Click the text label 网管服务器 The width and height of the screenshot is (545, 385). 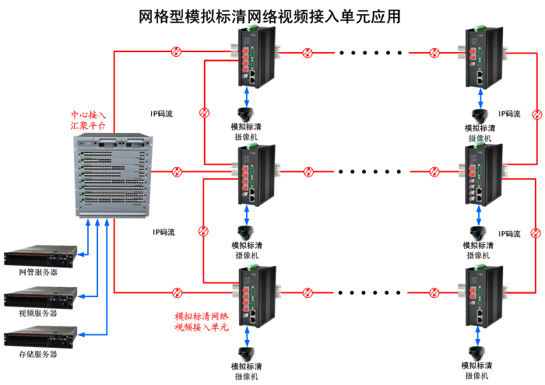38,272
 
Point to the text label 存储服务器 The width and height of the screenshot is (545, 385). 38,355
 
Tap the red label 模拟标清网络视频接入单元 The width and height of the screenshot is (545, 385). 202,323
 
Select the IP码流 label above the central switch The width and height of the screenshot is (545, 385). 162,114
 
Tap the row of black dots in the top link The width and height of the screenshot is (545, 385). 370,54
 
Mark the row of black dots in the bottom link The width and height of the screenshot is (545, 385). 370,293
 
